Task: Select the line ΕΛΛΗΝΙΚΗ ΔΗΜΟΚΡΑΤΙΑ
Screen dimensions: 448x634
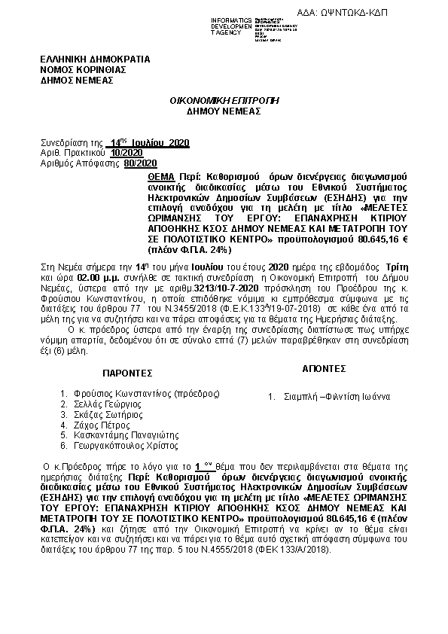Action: (x=95, y=59)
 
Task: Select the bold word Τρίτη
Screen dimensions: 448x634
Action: (x=398, y=267)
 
